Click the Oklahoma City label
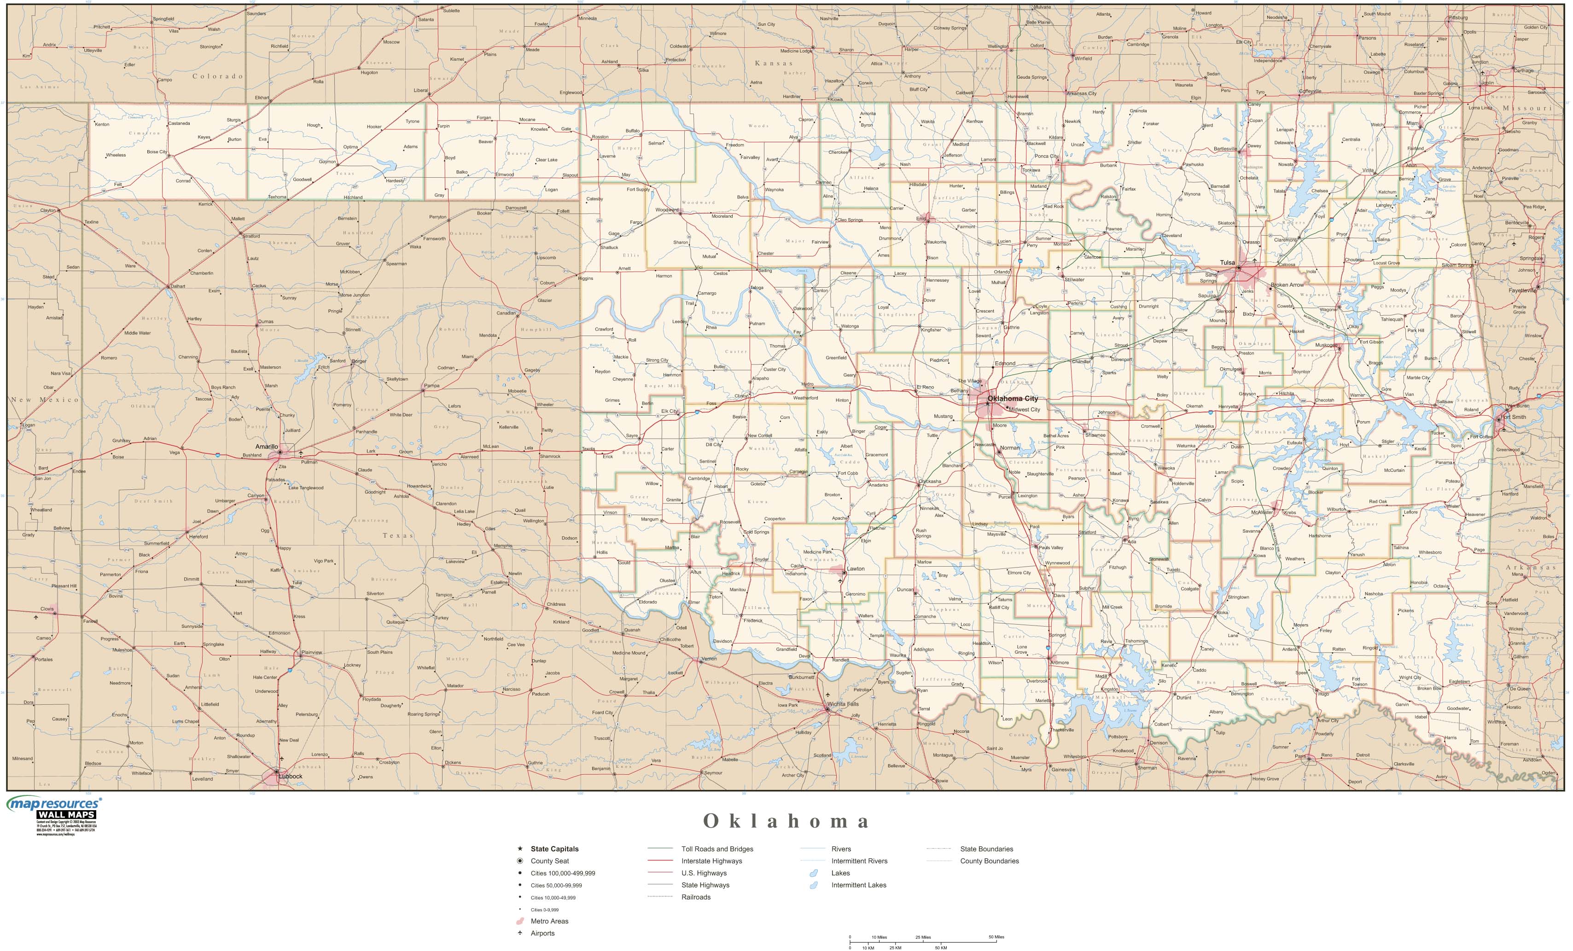[x=1013, y=398]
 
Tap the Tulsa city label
[x=1227, y=262]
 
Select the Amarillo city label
[x=266, y=447]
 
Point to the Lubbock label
[x=291, y=776]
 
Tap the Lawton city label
[x=856, y=568]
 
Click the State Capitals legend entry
[x=554, y=849]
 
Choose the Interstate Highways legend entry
[x=711, y=861]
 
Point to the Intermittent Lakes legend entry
[x=859, y=885]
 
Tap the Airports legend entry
[x=542, y=933]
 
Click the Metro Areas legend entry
[x=549, y=921]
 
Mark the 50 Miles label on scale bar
[x=996, y=937]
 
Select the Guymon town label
[x=327, y=162]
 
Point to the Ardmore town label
[x=1059, y=662]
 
